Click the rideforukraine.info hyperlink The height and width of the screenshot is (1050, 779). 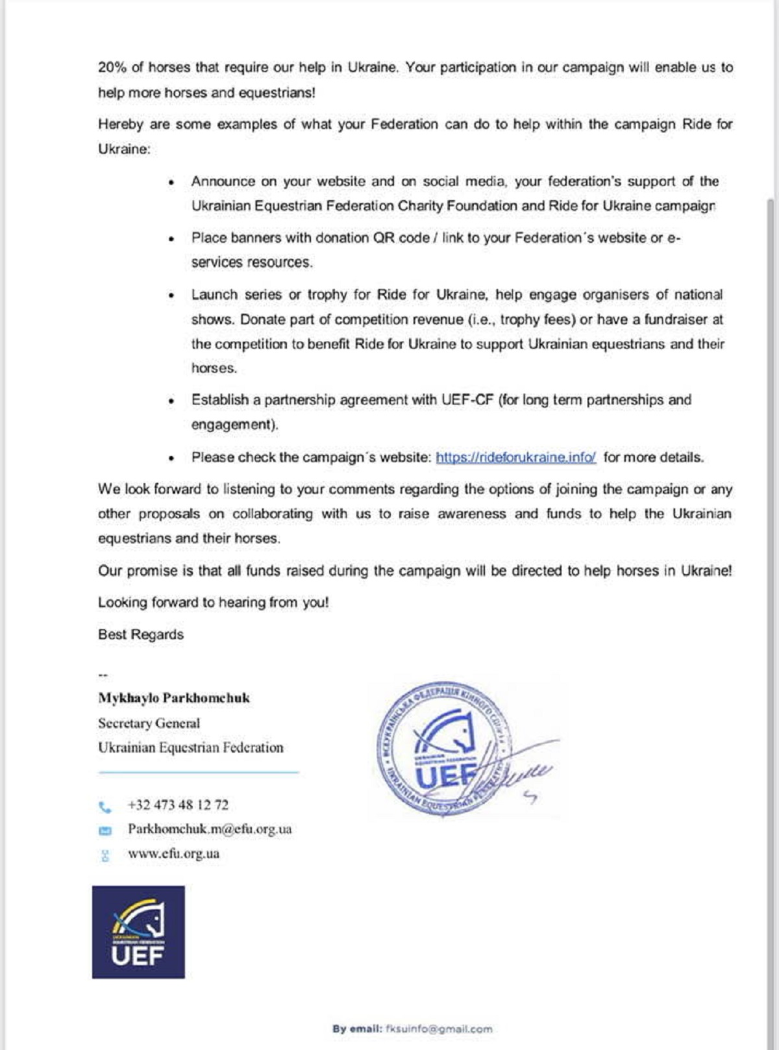click(515, 457)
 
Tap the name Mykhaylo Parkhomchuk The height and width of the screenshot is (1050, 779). click(174, 698)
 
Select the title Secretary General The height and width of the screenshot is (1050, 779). click(149, 723)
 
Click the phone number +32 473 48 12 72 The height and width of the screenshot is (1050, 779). click(178, 805)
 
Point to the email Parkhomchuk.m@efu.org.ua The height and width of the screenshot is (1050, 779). click(210, 829)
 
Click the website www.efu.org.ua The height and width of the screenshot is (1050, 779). click(173, 854)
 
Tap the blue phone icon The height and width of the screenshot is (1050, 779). click(105, 807)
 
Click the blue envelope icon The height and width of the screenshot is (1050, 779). click(105, 831)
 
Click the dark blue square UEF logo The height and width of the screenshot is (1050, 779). click(138, 932)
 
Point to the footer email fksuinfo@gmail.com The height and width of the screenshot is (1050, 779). click(439, 1029)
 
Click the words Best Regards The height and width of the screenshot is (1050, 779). click(141, 634)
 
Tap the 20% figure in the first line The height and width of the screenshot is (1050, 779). click(112, 68)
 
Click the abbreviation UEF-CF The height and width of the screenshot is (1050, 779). click(467, 400)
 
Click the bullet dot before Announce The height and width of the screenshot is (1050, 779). click(171, 182)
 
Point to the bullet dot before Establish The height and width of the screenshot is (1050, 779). click(171, 401)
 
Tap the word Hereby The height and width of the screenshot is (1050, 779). click(120, 124)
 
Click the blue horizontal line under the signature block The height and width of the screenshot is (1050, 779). click(199, 773)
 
